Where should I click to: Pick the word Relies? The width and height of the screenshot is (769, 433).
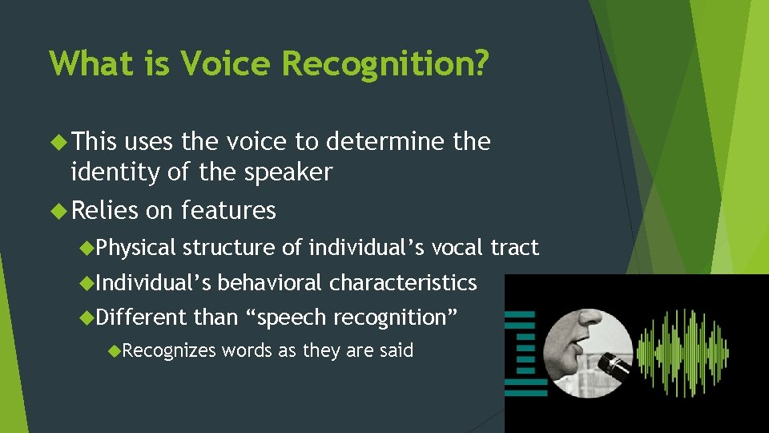[x=105, y=210]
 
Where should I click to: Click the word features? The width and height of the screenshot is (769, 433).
[x=228, y=210]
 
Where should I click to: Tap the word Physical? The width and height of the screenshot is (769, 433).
[x=135, y=248]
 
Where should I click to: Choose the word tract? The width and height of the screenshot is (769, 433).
[x=514, y=248]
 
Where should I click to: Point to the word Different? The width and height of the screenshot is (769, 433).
[x=141, y=318]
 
